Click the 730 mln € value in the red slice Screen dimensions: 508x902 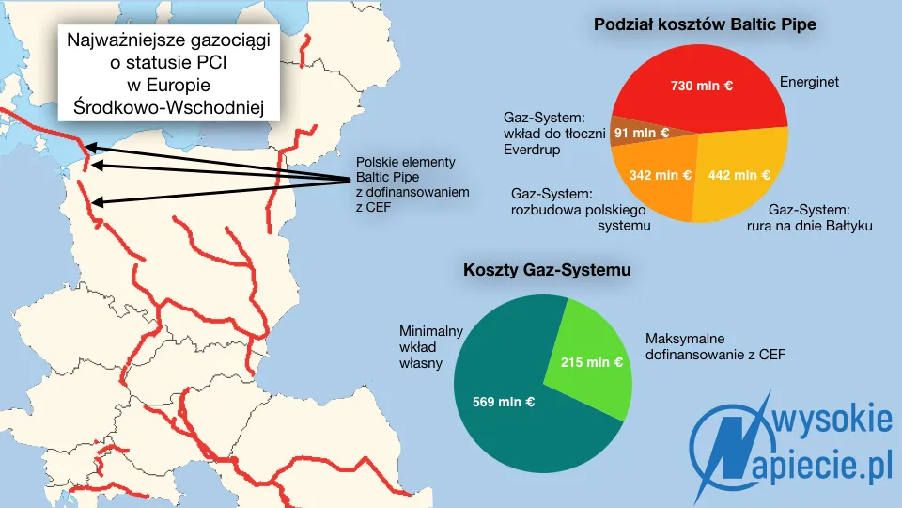coord(701,86)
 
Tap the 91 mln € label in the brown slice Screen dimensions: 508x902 coord(642,133)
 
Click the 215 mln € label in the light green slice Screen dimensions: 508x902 coord(592,361)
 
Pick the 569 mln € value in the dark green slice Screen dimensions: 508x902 coord(504,402)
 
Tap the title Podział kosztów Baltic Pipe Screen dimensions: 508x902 coord(705,25)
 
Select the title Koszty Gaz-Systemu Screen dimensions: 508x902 coord(547,270)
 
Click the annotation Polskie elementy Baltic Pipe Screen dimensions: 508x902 coord(412,183)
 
